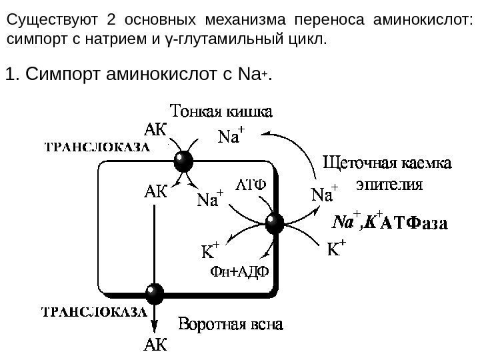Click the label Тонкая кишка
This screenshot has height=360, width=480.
(223, 109)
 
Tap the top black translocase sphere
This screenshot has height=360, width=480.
(182, 161)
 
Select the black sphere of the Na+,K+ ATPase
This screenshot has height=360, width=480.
(275, 223)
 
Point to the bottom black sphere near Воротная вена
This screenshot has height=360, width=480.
(155, 293)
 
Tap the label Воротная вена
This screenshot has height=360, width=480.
(232, 325)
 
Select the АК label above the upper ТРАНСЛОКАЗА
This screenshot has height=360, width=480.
(155, 127)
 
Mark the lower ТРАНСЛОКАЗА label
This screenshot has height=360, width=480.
(94, 311)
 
